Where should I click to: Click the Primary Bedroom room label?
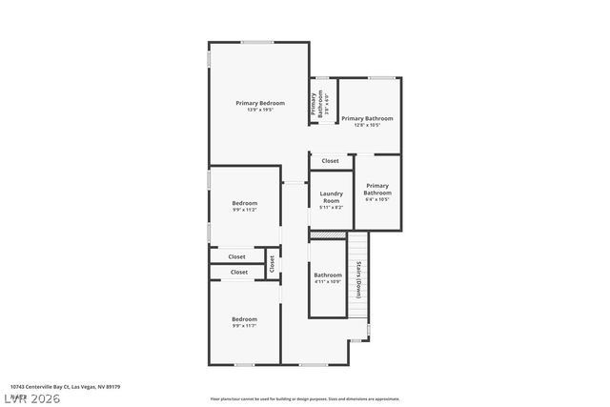260,102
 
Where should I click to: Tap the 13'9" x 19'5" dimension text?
260,110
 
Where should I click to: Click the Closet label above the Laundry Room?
330,161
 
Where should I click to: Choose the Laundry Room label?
331,197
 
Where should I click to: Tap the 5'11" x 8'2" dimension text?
331,207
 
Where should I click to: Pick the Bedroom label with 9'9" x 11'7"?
244,318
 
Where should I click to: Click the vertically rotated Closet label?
271,264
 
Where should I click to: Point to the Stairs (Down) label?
358,279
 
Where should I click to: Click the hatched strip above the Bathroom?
327,234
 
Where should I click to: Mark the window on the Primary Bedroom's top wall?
258,42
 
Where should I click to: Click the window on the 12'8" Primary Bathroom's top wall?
381,77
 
